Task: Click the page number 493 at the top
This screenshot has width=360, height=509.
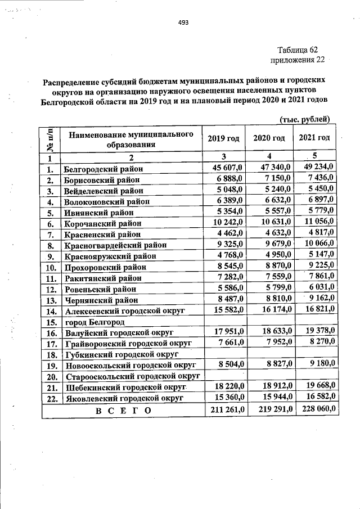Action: click(x=183, y=23)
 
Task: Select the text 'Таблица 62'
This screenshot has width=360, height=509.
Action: click(x=298, y=50)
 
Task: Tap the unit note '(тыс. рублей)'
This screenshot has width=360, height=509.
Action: click(x=308, y=120)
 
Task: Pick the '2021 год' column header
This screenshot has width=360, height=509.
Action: click(x=314, y=138)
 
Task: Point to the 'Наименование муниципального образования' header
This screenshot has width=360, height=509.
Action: click(x=127, y=139)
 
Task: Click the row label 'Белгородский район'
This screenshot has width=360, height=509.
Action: click(x=103, y=168)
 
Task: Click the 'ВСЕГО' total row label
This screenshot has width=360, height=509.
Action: click(x=123, y=411)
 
